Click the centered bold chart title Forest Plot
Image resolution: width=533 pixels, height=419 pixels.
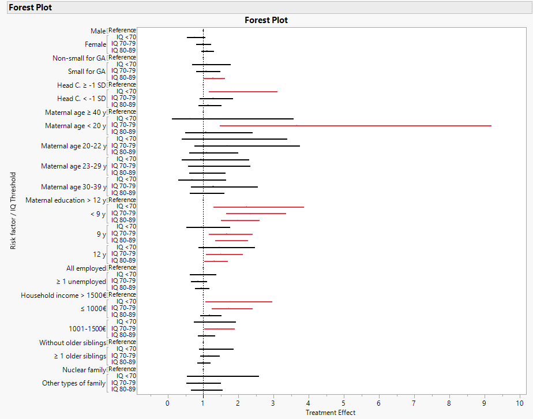point(266,20)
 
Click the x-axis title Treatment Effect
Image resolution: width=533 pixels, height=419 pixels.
point(331,413)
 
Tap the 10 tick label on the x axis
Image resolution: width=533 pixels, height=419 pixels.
point(520,403)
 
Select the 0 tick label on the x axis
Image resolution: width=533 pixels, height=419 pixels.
point(168,403)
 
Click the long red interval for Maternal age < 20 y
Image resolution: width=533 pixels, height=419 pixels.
point(355,125)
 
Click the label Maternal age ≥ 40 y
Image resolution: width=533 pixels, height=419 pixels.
point(76,112)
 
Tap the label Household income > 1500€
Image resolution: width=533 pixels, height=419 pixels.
point(63,295)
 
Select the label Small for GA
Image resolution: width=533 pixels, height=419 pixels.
point(87,72)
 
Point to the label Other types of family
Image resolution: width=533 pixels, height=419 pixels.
point(74,383)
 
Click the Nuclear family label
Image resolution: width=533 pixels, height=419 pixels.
point(84,370)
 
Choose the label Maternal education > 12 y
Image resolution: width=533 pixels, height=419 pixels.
point(66,200)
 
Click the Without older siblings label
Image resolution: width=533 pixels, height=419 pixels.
point(73,343)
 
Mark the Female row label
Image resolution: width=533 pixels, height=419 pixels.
point(95,44)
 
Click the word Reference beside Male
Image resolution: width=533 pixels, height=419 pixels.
point(122,30)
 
